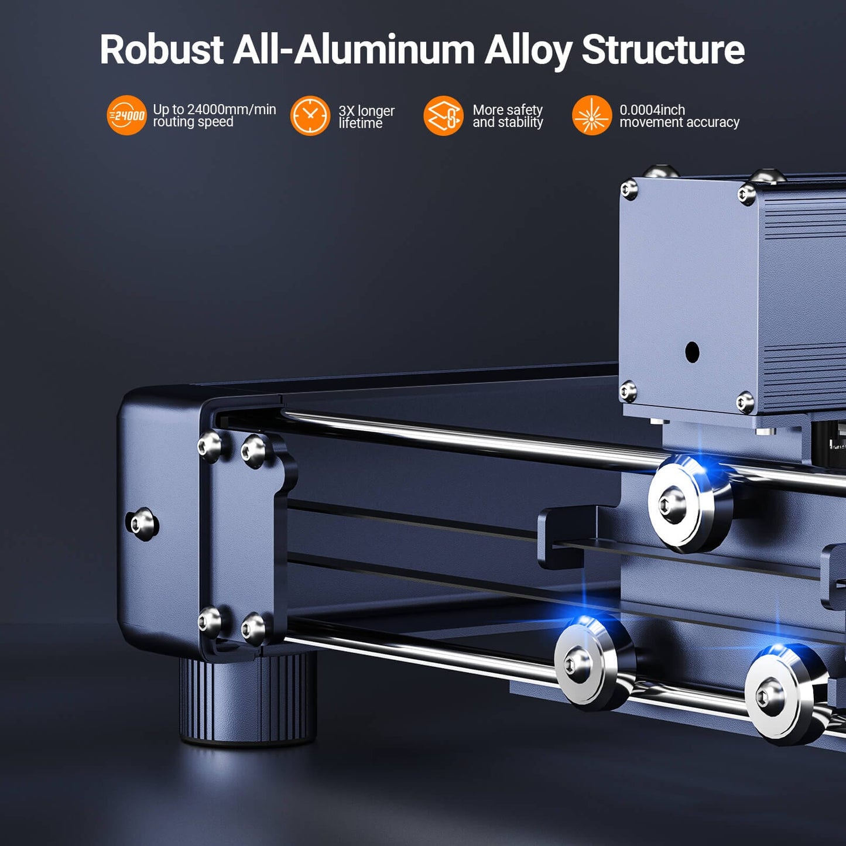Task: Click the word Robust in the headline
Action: coord(162,50)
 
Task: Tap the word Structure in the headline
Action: coord(663,50)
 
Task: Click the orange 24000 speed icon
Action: coord(126,115)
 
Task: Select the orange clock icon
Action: coord(310,115)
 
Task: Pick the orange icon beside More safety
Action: coord(443,115)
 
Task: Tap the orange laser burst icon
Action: coord(592,115)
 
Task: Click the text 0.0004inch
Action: coord(652,109)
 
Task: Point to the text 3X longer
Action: coord(367,111)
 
